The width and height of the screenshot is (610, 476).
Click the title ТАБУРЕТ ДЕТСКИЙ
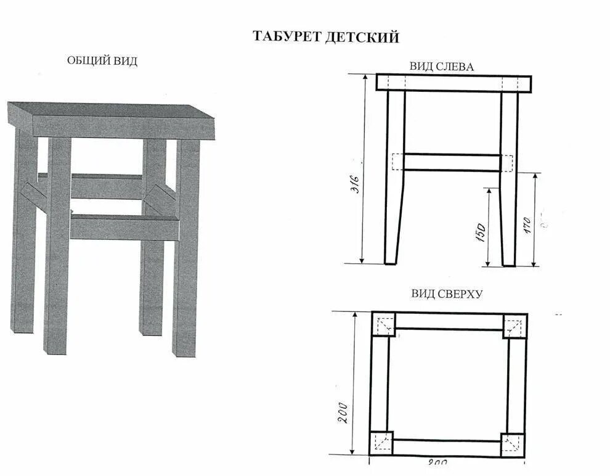[x=326, y=37]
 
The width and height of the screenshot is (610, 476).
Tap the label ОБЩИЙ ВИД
[x=102, y=60]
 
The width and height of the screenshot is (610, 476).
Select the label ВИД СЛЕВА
[x=442, y=67]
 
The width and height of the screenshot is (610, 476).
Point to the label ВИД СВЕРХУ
[x=447, y=293]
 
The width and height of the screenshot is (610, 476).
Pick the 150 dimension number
[x=481, y=233]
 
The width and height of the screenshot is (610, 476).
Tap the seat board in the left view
[x=453, y=83]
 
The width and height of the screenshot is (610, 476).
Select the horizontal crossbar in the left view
[x=452, y=162]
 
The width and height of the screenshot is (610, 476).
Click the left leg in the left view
[x=394, y=179]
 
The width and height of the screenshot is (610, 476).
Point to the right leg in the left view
[x=508, y=179]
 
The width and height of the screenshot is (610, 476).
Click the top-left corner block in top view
[x=383, y=324]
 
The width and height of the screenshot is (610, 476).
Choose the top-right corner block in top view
[x=514, y=325]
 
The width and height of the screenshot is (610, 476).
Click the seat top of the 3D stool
[x=111, y=110]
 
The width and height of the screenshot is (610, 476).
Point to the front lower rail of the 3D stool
[x=123, y=228]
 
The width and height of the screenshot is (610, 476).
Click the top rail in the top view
[x=449, y=321]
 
